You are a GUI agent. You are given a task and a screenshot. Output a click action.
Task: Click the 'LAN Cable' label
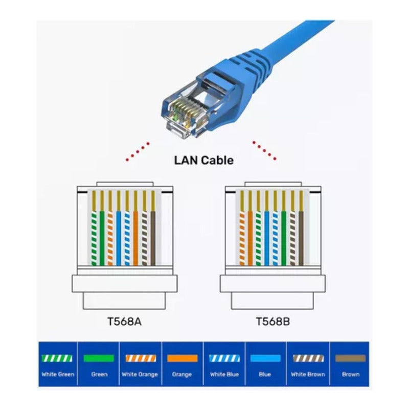(x=204, y=160)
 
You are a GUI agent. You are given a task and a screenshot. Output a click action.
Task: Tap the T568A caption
(x=125, y=322)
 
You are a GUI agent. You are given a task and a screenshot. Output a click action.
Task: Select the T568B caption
(x=272, y=322)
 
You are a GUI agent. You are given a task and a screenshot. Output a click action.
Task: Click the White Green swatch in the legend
(x=57, y=358)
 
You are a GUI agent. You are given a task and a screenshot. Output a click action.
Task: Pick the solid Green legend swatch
(x=99, y=358)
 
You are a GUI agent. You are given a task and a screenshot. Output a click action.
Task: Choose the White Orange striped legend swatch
(x=141, y=358)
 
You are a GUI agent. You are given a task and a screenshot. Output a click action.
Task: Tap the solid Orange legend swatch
(x=182, y=358)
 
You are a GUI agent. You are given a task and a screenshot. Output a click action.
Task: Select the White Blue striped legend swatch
(x=224, y=358)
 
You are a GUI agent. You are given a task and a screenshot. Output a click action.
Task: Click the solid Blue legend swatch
(x=265, y=358)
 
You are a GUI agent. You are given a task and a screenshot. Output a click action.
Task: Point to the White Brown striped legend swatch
(x=308, y=358)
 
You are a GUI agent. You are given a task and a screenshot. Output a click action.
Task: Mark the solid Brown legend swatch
(x=350, y=358)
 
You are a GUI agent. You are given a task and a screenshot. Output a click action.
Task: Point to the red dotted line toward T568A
(x=138, y=151)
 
